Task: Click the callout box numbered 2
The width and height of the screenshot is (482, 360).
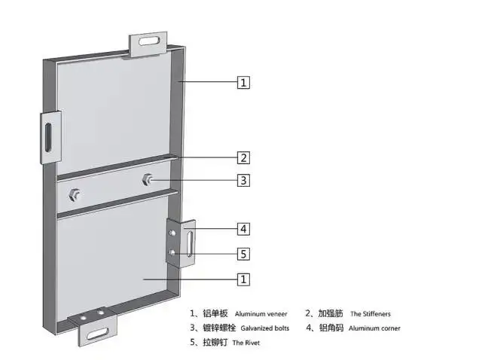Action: [243, 157]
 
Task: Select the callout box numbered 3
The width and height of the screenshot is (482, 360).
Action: [243, 181]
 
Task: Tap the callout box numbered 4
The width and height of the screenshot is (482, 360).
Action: [243, 229]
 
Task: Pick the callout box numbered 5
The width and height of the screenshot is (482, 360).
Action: [243, 254]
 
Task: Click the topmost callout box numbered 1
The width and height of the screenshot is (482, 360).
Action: [243, 83]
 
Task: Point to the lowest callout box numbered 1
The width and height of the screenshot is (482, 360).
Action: [243, 279]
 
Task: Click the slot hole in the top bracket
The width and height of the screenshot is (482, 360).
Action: [150, 41]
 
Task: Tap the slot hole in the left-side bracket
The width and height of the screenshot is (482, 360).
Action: [48, 137]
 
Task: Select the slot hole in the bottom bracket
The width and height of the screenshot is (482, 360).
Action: [98, 334]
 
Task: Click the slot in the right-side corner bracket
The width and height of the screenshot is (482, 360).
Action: [191, 244]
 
